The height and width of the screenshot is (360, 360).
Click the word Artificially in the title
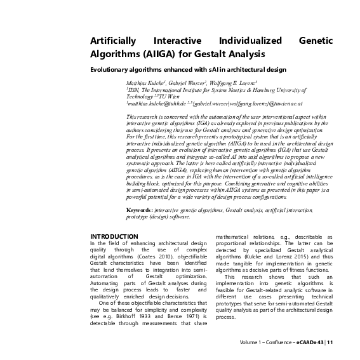(114, 40)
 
